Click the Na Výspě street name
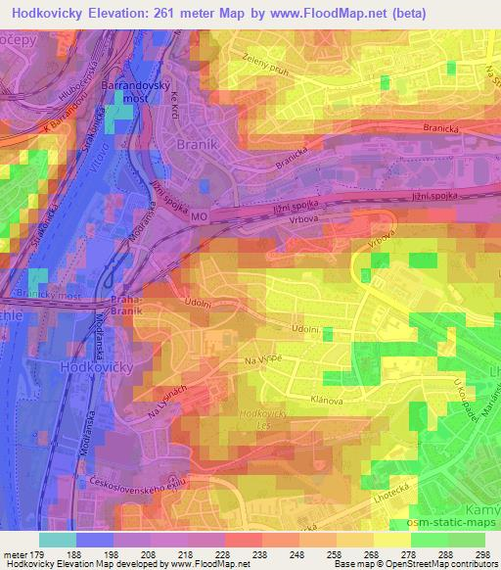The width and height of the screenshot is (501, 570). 264,360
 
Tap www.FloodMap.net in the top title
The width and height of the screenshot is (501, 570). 371,12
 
